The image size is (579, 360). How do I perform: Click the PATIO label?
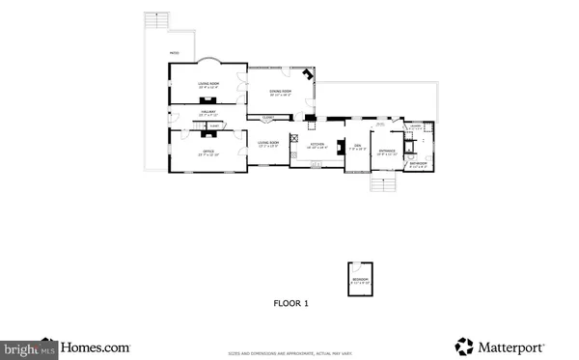point(174,52)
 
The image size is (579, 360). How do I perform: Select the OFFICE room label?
point(208,152)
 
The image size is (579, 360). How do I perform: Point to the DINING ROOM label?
point(280,92)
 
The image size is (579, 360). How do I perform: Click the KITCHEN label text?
point(317,146)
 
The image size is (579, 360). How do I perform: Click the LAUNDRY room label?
point(415,125)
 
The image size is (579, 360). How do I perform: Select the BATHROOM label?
point(417,163)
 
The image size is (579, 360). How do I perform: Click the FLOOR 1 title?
point(289,304)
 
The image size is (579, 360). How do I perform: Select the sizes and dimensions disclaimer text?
point(289,352)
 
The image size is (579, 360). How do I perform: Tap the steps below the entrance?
point(384,183)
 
